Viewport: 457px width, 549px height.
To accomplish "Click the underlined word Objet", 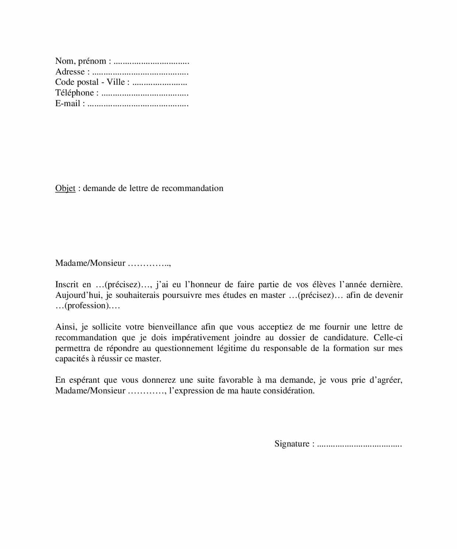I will point(65,188).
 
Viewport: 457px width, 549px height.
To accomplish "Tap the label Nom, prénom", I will point(81,61).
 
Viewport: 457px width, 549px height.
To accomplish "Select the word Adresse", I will point(70,72).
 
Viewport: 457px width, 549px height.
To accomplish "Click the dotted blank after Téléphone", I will point(144,93).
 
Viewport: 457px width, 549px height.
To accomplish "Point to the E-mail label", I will point(68,104).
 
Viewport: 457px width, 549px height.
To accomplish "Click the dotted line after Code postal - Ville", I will point(160,83).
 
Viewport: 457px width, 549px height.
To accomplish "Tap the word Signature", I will point(292,444).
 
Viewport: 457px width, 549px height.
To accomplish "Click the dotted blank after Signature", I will point(359,444).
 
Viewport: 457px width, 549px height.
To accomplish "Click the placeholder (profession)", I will point(83,306).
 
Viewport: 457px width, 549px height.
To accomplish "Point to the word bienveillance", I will point(172,327).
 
